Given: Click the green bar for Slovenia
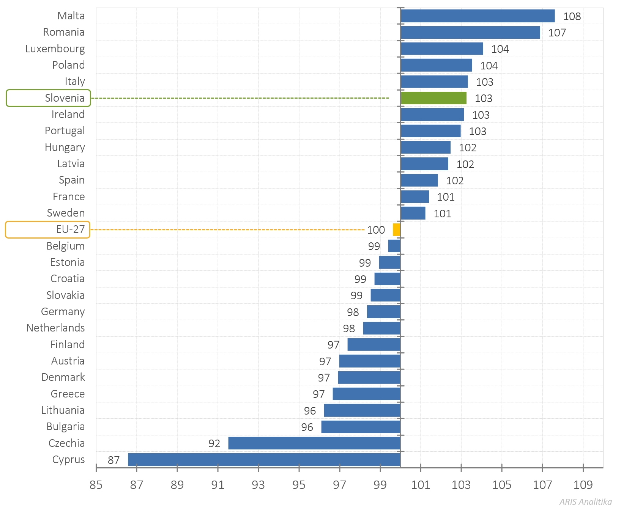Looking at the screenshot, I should [433, 98].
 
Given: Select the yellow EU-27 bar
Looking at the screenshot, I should [396, 230].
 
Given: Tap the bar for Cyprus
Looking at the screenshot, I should [264, 460].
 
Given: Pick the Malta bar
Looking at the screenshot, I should [478, 16].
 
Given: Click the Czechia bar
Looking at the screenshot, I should [314, 443].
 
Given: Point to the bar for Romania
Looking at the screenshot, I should [470, 33].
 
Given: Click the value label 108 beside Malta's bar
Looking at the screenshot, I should [572, 16].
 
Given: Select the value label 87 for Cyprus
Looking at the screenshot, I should [113, 460].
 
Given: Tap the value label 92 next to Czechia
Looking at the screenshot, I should [214, 443].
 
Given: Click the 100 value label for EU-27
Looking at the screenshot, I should [376, 230].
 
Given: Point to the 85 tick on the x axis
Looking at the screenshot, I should [96, 485].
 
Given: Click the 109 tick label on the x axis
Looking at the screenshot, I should [583, 485].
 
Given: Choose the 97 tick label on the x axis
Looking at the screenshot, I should [339, 485].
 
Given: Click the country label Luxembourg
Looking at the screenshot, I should [55, 49].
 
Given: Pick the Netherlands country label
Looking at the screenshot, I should [55, 328].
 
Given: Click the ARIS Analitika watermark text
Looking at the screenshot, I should [585, 502].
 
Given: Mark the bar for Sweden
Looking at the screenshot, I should [413, 213].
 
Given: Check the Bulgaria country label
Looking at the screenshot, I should [65, 427].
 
